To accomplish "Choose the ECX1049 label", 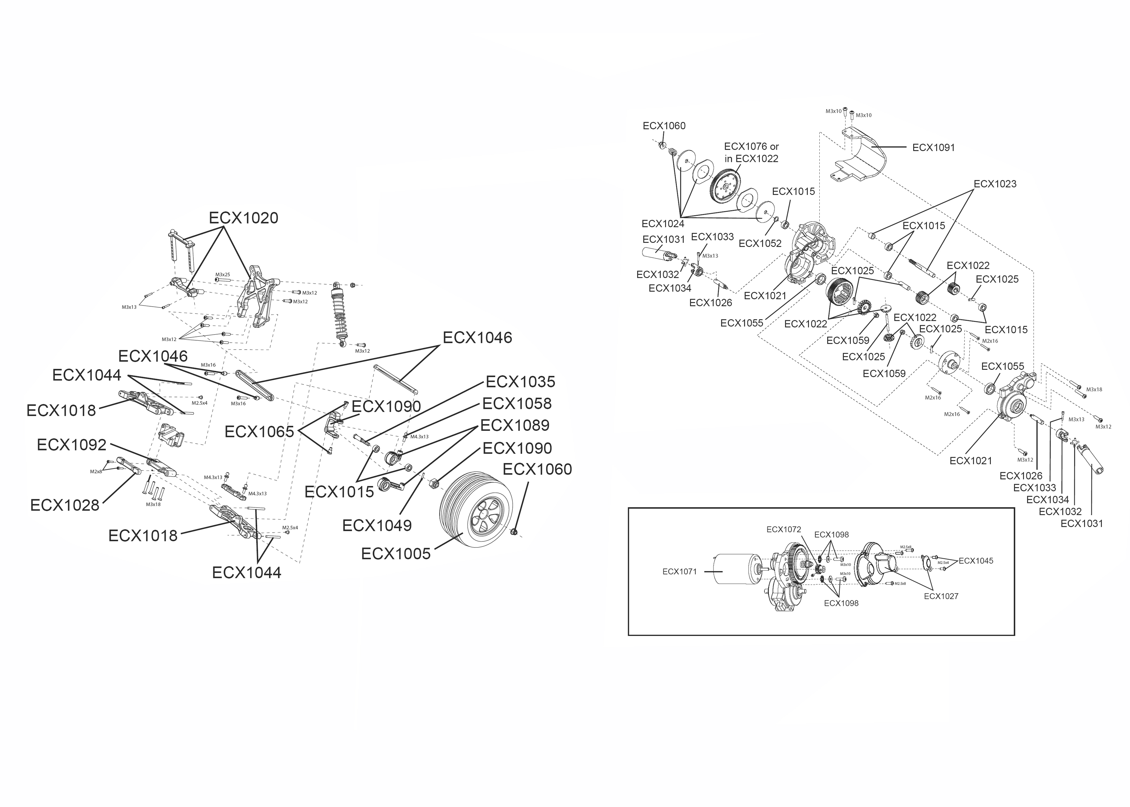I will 377,526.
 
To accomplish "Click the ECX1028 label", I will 65,505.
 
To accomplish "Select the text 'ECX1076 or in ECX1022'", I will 751,152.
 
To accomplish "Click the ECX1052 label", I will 760,244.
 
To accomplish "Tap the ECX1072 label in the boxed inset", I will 783,530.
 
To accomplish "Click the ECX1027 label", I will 941,596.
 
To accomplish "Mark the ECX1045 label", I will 975,561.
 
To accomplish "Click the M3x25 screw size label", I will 222,275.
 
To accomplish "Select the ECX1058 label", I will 517,404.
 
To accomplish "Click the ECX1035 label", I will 520,382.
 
